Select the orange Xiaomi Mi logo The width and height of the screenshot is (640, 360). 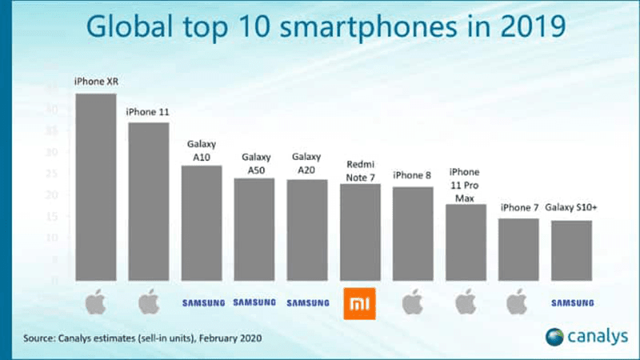click(360, 303)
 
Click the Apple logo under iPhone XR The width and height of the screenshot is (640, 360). click(95, 303)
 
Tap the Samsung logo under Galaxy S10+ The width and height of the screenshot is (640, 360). click(571, 303)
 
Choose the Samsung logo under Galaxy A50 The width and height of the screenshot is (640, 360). click(254, 302)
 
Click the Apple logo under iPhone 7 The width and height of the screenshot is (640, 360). click(518, 303)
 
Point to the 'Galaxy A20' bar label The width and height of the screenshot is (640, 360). click(306, 163)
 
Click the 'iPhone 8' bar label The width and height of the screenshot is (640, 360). click(412, 175)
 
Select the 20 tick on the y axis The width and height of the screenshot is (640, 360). click(54, 195)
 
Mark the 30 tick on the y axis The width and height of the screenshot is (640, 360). click(54, 152)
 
